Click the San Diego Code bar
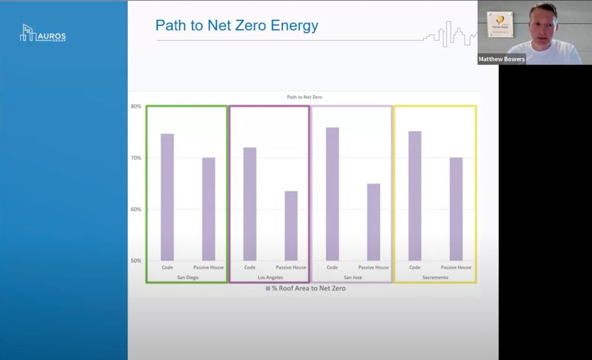tap(168, 197)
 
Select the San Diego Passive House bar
tap(208, 209)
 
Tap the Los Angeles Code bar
tap(250, 204)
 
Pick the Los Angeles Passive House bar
tap(291, 226)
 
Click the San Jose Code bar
tap(332, 194)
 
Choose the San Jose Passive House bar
tap(374, 222)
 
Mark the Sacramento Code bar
tap(415, 196)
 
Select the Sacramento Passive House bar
tap(456, 209)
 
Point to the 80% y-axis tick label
tap(136, 107)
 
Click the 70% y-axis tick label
tap(136, 158)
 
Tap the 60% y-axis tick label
tap(136, 210)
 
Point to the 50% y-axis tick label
tap(136, 261)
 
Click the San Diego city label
tap(188, 277)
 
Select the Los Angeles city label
tap(270, 277)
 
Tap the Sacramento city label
tap(435, 277)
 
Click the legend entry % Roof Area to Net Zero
tap(305, 288)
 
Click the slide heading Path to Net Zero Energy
tap(237, 25)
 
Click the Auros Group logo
tap(43, 34)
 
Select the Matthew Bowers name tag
tap(501, 59)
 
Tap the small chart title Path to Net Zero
tap(304, 97)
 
